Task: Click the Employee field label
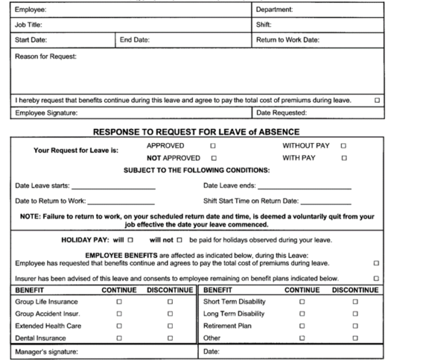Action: click(30, 10)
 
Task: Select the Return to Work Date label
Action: click(288, 40)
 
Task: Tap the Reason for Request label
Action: click(46, 56)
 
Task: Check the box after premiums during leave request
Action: click(377, 100)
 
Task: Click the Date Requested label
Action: click(282, 113)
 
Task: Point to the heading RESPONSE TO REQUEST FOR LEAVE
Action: click(197, 132)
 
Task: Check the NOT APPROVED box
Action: click(214, 158)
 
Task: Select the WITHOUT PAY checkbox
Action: click(343, 146)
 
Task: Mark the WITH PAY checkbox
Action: click(343, 158)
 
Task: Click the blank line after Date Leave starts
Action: click(114, 187)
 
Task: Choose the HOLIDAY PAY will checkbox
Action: click(130, 240)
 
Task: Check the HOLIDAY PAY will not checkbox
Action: click(180, 240)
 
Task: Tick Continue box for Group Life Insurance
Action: click(119, 302)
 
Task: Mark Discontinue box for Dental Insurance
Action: click(170, 338)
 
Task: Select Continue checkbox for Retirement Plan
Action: click(302, 326)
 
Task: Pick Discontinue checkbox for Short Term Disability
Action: click(355, 302)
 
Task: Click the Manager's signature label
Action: click(47, 351)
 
